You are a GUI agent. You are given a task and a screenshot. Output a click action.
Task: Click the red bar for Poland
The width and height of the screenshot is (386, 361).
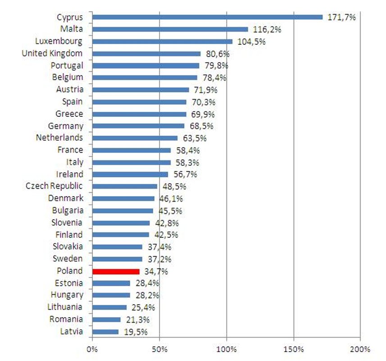[116, 271]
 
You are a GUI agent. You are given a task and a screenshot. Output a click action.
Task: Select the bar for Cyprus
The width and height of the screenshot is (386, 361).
[207, 17]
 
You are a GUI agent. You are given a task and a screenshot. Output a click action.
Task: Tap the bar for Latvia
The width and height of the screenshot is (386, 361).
[105, 332]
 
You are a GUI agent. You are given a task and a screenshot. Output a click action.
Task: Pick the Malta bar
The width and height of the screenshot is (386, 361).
[170, 29]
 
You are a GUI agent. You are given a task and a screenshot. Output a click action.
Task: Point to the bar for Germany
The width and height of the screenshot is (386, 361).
[138, 126]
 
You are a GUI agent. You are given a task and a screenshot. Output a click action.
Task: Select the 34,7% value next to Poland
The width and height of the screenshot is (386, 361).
[155, 271]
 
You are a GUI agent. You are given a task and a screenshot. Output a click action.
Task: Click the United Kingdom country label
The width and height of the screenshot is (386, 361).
[52, 53]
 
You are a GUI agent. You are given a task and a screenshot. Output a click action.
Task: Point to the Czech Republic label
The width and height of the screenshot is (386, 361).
[54, 186]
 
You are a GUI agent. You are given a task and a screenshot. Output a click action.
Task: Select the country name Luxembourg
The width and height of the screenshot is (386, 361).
[59, 42]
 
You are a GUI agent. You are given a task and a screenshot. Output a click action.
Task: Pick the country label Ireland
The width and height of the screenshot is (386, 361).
[69, 174]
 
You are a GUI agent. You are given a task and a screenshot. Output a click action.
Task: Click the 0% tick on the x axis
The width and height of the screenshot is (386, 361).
[92, 349]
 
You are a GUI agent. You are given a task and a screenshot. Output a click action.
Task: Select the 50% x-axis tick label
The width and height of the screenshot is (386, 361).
[160, 349]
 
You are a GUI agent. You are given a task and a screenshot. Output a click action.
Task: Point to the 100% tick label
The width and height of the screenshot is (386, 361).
[227, 349]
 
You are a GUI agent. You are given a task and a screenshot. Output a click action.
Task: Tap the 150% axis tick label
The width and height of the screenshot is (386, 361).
[294, 349]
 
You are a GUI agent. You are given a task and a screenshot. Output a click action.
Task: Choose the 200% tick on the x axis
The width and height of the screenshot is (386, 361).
[360, 349]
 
